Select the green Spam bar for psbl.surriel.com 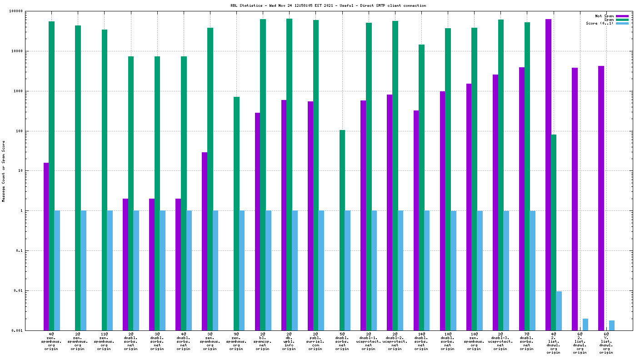[315, 175]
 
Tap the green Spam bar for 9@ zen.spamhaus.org [236, 214]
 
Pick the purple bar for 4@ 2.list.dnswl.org [548, 175]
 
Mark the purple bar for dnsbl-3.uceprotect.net [495, 202]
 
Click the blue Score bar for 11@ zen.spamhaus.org [110, 270]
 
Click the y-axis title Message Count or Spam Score [4, 171]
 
